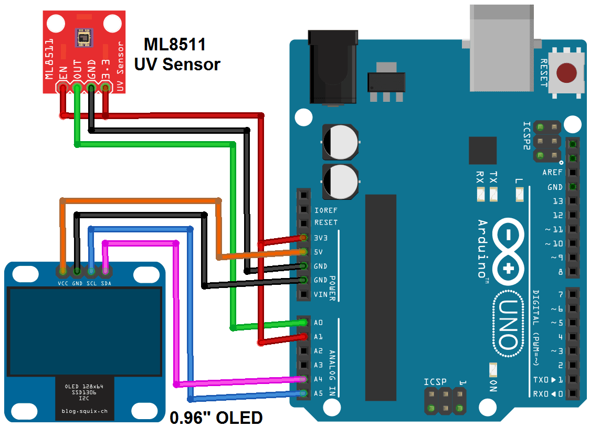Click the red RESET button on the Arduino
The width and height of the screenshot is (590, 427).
566,72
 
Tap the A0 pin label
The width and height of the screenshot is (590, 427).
318,323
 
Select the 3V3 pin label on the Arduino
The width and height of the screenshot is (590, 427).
321,238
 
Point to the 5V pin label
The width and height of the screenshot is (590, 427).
318,252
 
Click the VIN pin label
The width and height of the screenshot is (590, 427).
321,294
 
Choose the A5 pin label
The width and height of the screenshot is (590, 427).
318,393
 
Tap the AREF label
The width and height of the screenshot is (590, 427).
552,172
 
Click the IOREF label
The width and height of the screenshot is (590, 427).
326,210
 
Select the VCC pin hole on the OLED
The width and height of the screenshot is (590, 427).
63,271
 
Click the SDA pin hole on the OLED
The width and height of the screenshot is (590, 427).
106,271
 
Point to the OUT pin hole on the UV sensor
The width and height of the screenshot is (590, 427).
77,88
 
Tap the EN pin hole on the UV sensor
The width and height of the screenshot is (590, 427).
63,88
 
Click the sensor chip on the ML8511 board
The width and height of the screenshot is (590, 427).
84,38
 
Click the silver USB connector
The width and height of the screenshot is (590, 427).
502,48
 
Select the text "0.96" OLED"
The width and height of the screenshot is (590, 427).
216,418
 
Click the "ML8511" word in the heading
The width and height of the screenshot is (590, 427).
175,45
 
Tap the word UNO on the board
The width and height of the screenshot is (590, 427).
508,324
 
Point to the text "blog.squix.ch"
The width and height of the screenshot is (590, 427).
85,411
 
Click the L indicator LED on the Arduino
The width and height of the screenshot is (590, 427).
519,195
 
